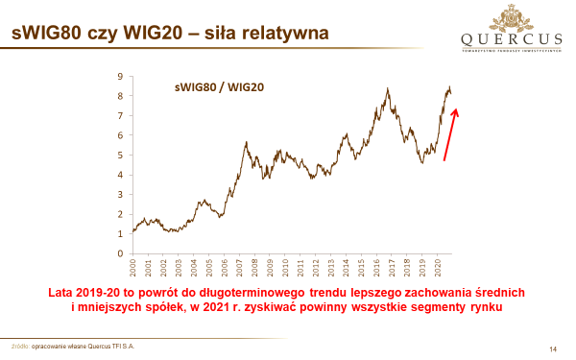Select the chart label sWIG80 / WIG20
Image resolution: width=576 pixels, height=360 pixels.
pos(220,87)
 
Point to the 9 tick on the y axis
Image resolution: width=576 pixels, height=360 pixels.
pos(120,76)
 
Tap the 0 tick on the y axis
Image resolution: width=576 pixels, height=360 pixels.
pos(120,253)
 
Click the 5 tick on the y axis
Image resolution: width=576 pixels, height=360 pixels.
pos(120,155)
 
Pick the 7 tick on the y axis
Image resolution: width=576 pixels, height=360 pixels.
pos(120,115)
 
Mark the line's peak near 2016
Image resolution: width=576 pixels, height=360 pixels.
pos(387,88)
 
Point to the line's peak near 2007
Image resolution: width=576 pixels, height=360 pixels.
pos(247,142)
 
